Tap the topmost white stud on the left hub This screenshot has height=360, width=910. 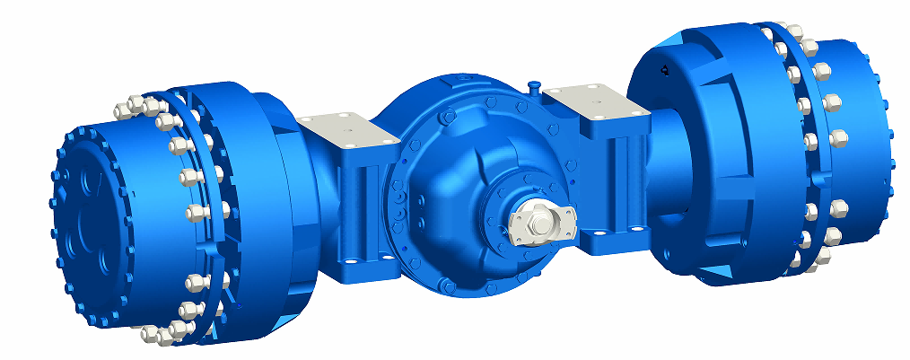coord(125,108)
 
